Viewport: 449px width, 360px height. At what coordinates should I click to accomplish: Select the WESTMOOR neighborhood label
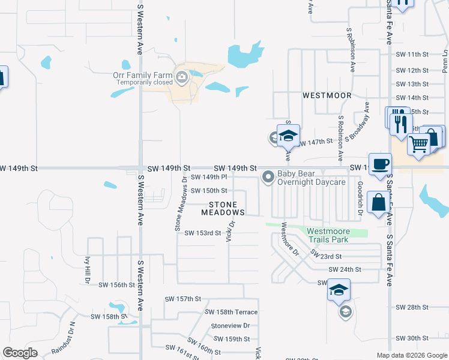327,95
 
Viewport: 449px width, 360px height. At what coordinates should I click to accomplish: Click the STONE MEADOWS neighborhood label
223,208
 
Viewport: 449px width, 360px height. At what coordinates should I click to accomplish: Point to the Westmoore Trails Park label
327,235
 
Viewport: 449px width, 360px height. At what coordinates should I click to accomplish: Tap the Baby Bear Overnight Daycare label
311,178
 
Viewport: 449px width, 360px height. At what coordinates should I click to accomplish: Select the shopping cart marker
419,143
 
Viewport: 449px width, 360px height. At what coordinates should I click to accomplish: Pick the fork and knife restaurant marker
400,124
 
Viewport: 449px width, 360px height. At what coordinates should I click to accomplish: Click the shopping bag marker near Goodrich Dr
379,203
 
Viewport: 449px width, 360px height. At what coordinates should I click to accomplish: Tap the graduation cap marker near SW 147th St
288,136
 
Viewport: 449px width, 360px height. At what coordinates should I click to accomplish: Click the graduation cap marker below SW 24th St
339,290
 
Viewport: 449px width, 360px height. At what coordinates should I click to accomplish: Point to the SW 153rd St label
203,233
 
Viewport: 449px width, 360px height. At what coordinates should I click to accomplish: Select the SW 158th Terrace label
231,312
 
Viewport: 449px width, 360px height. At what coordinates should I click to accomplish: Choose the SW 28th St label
412,307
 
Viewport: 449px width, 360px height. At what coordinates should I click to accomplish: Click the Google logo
20,353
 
